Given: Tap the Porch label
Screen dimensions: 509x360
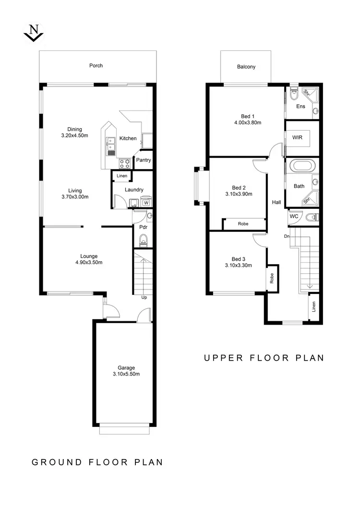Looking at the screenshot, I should click(96, 66).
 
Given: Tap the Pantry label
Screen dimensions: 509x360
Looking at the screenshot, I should click(144, 160).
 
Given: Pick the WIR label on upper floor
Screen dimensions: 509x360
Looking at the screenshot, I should click(298, 137).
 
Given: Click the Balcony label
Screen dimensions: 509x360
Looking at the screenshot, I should click(246, 67).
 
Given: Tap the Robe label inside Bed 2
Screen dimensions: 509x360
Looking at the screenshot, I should click(243, 224).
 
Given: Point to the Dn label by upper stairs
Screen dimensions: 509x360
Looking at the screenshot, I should click(287, 236).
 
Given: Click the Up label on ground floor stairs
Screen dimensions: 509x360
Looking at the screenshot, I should click(144, 297).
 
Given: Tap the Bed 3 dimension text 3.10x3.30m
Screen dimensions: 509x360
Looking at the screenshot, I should click(239, 265).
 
